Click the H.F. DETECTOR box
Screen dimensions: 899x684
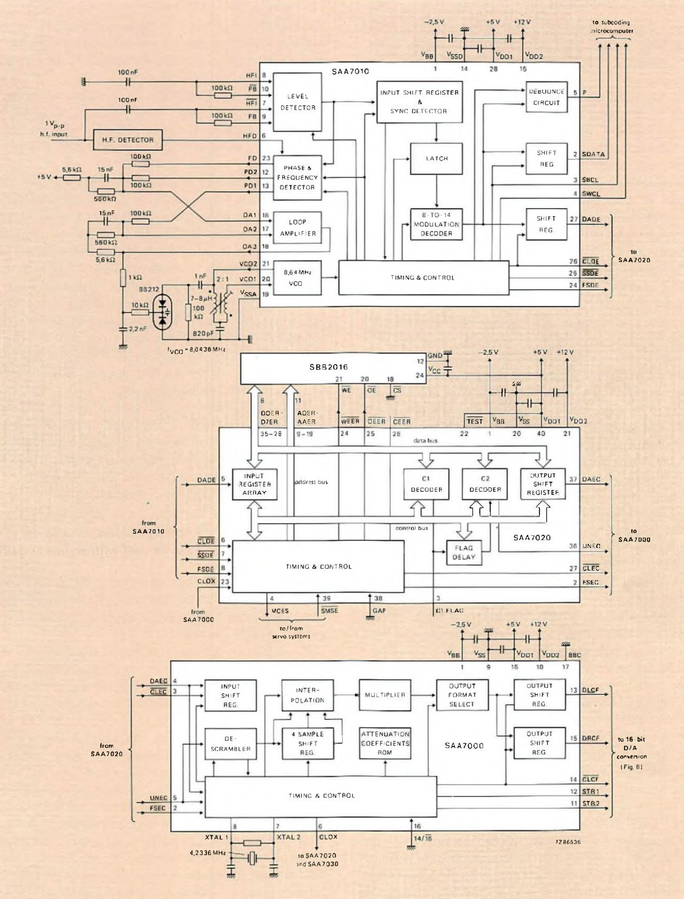(x=128, y=140)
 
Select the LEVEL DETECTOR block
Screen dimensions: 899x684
(x=297, y=102)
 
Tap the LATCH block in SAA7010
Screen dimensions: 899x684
(x=436, y=158)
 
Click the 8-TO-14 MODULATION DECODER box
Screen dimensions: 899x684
(x=436, y=224)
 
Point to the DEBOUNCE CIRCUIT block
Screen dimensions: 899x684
(x=546, y=97)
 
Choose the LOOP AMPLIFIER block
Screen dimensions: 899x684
(x=297, y=228)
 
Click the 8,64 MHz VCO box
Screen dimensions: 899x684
(x=297, y=278)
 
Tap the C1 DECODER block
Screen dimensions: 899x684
(x=426, y=484)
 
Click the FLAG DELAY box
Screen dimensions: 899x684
(x=464, y=552)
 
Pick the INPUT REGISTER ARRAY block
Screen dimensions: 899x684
(x=254, y=484)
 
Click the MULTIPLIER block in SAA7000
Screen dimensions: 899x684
(x=385, y=695)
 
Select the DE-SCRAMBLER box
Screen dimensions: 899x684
(x=230, y=744)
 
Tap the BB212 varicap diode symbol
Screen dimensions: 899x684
(x=163, y=312)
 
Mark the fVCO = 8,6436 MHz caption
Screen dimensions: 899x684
(x=196, y=350)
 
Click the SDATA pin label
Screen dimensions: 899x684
(x=593, y=154)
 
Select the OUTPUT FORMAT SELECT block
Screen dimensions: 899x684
(x=462, y=695)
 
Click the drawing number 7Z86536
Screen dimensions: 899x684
(x=568, y=842)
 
